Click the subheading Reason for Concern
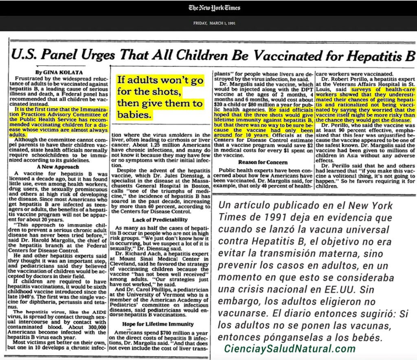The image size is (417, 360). (x=263, y=162)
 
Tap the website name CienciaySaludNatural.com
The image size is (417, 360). (x=290, y=349)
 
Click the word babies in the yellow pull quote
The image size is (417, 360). (x=134, y=115)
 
